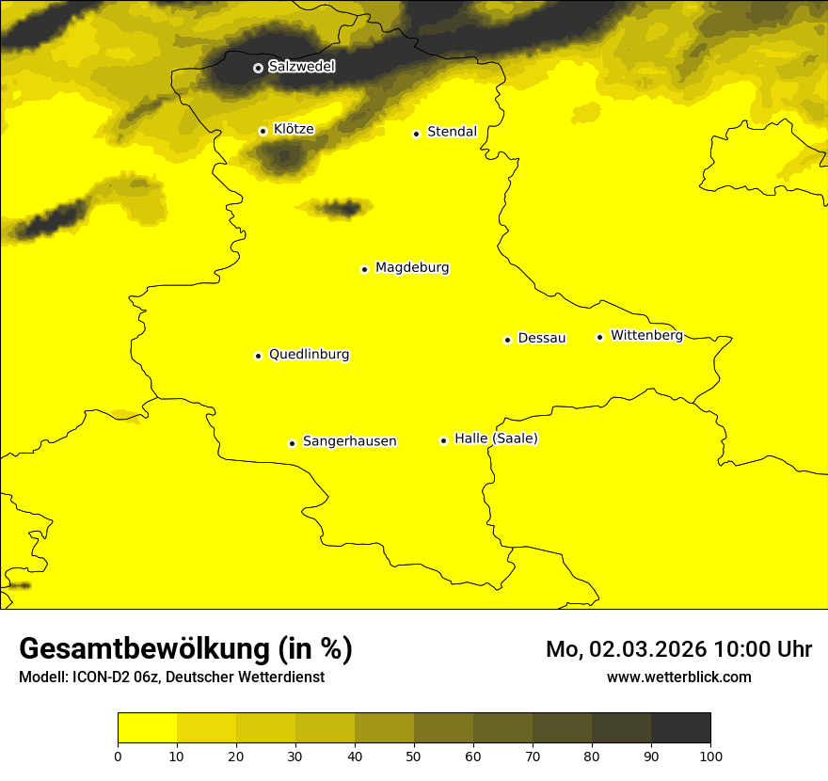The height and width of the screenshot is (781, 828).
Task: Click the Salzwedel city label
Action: [301, 67]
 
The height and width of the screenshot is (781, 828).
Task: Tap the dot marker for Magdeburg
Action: [364, 269]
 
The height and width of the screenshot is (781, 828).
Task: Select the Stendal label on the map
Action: [452, 132]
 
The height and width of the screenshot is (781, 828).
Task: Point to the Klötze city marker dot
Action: [263, 131]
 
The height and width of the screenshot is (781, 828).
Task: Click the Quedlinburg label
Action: [309, 355]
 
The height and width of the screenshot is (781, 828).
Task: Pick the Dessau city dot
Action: [507, 340]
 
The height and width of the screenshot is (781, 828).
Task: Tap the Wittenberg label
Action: [646, 335]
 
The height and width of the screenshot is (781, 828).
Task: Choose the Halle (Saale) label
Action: [496, 438]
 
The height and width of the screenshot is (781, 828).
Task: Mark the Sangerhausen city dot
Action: [292, 443]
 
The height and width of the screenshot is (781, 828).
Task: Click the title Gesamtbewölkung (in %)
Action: [185, 649]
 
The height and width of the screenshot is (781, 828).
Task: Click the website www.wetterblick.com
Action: [678, 677]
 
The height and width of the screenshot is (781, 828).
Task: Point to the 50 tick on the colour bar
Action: [414, 755]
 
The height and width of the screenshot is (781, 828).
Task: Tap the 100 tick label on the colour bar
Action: [710, 755]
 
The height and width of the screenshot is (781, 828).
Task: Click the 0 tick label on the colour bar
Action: [118, 755]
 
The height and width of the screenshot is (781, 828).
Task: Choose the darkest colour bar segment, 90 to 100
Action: [680, 728]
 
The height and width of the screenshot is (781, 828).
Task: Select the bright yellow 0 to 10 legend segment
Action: [147, 728]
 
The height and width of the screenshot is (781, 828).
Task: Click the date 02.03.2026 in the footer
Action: [648, 649]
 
